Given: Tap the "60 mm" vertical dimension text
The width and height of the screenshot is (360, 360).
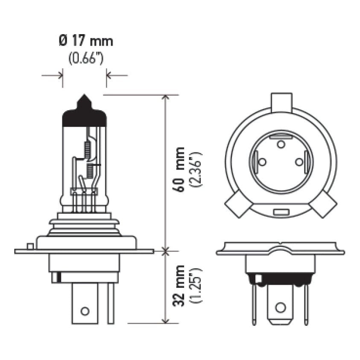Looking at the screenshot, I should (x=180, y=169).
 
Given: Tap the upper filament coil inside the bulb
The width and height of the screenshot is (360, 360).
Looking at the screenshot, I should (x=88, y=149).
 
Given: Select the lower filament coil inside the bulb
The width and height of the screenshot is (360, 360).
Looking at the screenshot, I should (x=90, y=171).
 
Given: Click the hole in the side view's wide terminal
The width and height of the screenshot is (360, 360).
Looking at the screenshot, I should (x=85, y=310).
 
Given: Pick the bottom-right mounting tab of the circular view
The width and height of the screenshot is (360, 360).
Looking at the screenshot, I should (x=325, y=205).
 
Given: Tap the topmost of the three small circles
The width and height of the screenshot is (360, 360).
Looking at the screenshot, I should (x=281, y=145).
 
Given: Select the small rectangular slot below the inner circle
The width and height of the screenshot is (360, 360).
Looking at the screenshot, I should (x=281, y=212).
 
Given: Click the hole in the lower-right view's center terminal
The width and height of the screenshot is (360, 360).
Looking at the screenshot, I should (x=280, y=307).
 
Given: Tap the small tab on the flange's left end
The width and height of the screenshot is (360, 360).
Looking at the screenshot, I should (x=29, y=246).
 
